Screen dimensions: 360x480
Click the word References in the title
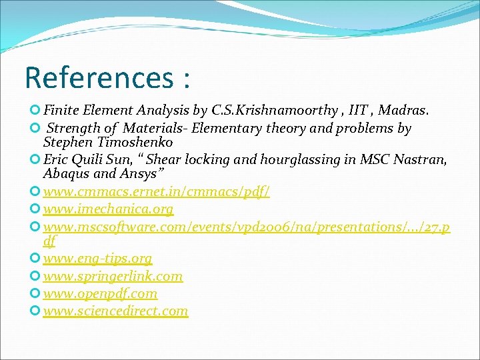click(99, 77)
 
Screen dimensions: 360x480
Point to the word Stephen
click(65, 142)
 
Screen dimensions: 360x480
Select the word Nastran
click(423, 160)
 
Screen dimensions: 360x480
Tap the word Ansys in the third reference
click(139, 174)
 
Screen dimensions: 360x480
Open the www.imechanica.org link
click(108, 209)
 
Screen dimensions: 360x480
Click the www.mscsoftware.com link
click(247, 227)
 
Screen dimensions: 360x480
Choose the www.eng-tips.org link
click(97, 259)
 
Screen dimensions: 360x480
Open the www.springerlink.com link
click(113, 276)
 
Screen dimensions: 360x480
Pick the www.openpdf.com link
click(100, 293)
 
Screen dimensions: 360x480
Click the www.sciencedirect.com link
click(115, 311)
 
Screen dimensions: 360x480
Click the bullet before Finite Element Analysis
click(35, 110)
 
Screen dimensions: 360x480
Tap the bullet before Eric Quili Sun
click(35, 159)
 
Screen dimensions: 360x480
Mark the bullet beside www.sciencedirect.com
click(35, 311)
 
